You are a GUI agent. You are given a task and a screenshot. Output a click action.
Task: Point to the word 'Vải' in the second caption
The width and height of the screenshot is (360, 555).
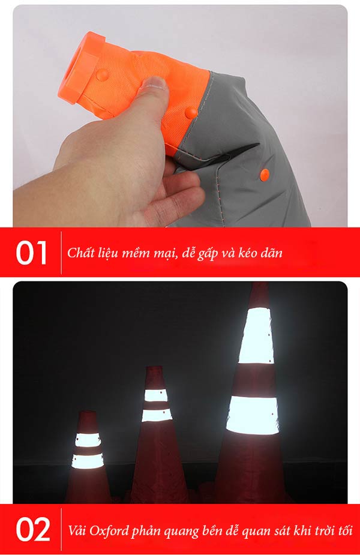[77, 530]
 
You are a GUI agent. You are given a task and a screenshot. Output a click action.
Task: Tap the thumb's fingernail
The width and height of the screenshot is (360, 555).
[155, 83]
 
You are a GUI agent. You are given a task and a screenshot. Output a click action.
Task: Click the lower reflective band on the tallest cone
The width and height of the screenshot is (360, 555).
[253, 413]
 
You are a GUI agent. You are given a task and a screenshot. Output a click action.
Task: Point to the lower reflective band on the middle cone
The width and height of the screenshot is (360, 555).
[156, 414]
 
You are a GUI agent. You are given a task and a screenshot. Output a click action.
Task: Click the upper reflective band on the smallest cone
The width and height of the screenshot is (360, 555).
[88, 440]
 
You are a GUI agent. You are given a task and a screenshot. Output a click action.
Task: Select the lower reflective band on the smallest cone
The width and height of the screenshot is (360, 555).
[88, 461]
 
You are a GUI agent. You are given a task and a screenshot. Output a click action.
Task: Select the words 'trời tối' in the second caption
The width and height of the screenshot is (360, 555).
[333, 530]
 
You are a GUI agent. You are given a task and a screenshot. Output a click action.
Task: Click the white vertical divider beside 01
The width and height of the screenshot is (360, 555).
[61, 252]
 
